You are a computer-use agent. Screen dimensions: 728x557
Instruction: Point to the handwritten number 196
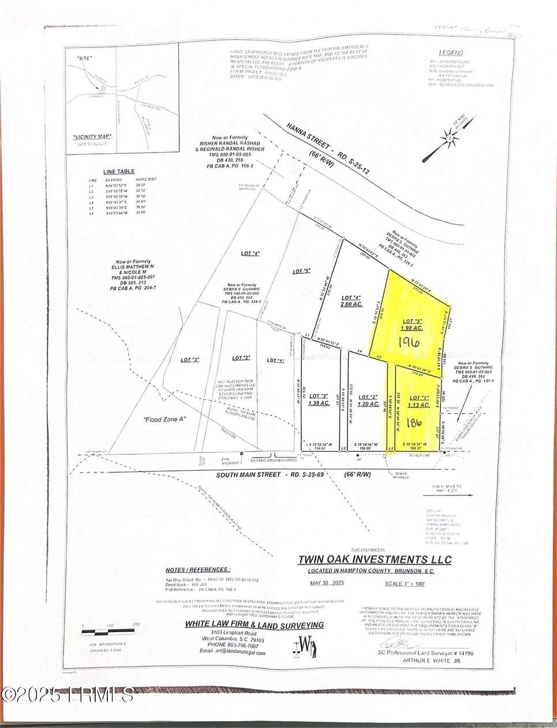coord(410,342)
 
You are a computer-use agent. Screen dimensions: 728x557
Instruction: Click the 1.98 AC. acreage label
coord(412,328)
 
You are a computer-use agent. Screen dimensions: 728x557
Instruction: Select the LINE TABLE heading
coord(119,172)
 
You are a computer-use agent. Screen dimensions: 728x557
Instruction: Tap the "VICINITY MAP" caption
coord(92,137)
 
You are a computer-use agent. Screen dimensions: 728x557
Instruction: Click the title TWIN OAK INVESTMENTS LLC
coord(375,559)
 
